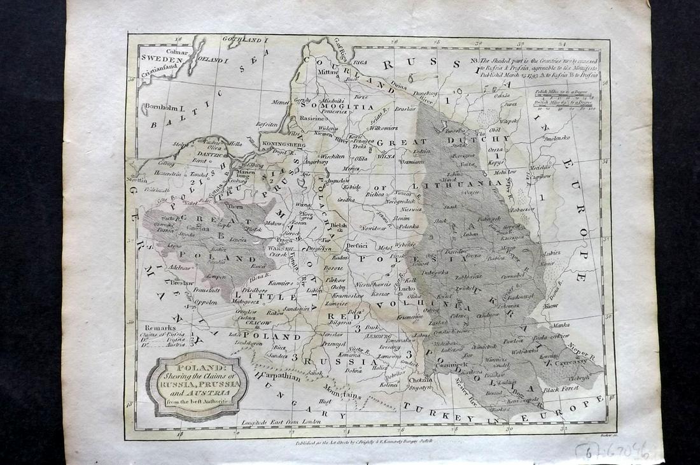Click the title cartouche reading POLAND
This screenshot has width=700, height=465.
[196, 384]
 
